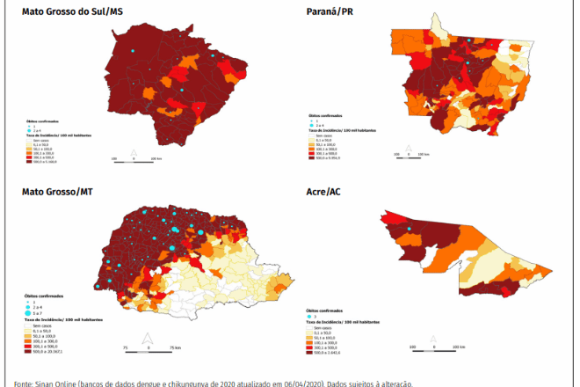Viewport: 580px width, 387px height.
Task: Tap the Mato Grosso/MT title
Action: click(59, 191)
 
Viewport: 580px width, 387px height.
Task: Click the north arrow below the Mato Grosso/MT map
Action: click(148, 337)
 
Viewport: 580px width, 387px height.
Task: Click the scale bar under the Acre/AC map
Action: click(432, 350)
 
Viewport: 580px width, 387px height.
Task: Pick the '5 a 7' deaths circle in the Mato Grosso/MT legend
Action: click(27, 313)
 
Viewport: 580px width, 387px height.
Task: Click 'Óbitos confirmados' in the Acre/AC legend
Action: click(323, 309)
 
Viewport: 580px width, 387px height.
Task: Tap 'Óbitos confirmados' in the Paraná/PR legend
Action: click(326, 115)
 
